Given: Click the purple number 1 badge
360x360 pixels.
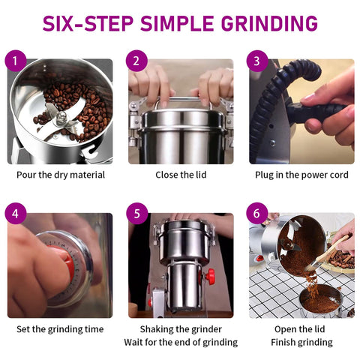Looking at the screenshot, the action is [x=16, y=61].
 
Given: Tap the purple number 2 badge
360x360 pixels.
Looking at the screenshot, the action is [x=136, y=61].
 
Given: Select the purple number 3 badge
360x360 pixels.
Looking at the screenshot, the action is [x=257, y=61].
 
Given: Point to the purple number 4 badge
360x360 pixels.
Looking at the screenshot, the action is [x=16, y=214].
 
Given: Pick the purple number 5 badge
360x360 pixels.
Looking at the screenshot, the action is [x=136, y=214].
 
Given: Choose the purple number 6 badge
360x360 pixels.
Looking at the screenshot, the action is [x=257, y=214].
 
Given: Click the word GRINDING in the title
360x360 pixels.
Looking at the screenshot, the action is [x=269, y=23].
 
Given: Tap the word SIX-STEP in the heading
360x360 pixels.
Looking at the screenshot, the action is [x=88, y=23].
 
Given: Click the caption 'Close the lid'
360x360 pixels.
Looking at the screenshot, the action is [x=181, y=175].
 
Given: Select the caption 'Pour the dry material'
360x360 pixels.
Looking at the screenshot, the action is [x=61, y=175].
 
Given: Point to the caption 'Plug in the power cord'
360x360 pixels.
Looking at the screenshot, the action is [x=301, y=175].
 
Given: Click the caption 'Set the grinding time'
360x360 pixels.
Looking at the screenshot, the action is [x=60, y=329].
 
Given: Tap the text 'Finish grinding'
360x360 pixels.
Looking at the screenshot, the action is [x=301, y=342].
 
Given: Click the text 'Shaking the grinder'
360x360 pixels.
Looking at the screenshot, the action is [x=181, y=329].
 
